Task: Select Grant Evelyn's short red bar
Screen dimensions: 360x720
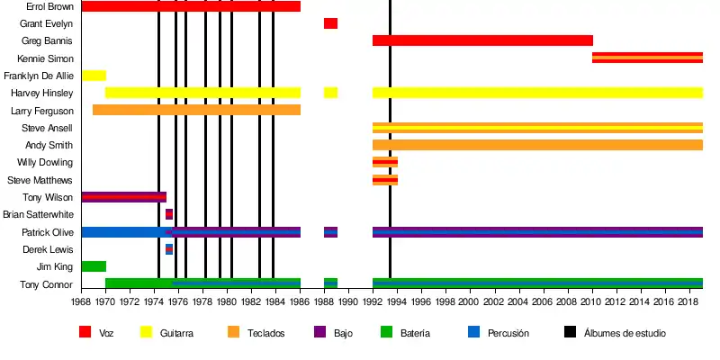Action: tap(330, 23)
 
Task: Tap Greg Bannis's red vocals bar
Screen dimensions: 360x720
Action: tap(482, 40)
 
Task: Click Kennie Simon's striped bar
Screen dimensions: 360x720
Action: tap(647, 58)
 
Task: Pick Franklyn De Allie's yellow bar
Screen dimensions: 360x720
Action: tap(94, 76)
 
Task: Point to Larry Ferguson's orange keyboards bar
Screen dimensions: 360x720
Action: tap(196, 110)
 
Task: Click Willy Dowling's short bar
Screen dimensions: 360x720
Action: tap(384, 162)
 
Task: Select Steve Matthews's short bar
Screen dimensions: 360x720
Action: tap(384, 180)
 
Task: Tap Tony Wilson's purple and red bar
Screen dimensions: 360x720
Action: tap(123, 197)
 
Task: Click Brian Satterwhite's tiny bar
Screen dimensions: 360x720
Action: tap(169, 214)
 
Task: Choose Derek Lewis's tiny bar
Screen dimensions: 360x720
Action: tap(169, 249)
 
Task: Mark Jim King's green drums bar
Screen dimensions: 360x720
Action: tap(94, 266)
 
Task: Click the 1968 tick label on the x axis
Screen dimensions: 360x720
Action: tap(81, 302)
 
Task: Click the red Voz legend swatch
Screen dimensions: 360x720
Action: tap(85, 333)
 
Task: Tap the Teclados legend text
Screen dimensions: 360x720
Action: tap(268, 333)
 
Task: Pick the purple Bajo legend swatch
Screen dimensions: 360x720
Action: tap(319, 333)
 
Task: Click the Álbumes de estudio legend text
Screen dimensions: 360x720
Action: tap(625, 333)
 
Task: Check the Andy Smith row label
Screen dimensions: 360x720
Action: tap(49, 145)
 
